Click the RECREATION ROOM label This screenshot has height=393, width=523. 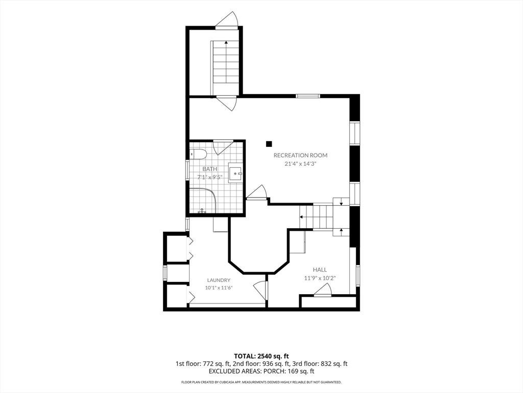pyautogui.click(x=300, y=155)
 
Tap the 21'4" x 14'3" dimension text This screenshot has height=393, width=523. pyautogui.click(x=300, y=164)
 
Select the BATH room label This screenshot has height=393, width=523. pyautogui.click(x=210, y=169)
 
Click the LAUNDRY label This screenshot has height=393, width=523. pyautogui.click(x=219, y=280)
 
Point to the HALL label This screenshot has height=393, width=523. pyautogui.click(x=320, y=270)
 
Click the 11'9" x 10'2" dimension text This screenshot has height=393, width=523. pyautogui.click(x=320, y=278)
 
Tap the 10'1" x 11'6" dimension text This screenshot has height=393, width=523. pyautogui.click(x=219, y=288)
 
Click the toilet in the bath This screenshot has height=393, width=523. pyautogui.click(x=198, y=155)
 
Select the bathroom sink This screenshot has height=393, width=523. pyautogui.click(x=236, y=173)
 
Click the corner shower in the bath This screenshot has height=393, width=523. pyautogui.click(x=203, y=201)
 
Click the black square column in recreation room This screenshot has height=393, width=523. pyautogui.click(x=269, y=144)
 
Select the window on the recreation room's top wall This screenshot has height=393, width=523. pyautogui.click(x=308, y=96)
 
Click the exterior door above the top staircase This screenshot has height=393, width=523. pyautogui.click(x=226, y=20)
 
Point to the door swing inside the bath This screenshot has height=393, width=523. pyautogui.click(x=223, y=147)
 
